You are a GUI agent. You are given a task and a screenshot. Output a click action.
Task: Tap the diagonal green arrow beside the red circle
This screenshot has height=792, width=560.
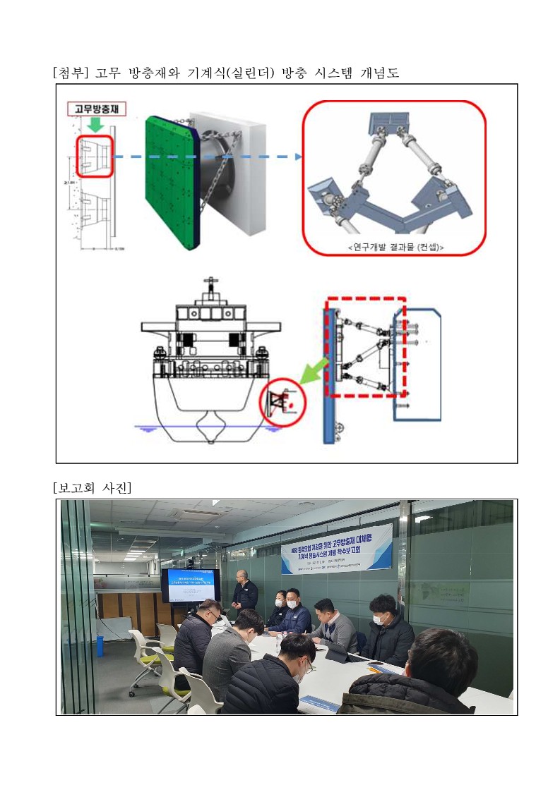coord(311,370)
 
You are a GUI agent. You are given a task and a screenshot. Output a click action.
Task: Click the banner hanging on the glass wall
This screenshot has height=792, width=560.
coord(336,548)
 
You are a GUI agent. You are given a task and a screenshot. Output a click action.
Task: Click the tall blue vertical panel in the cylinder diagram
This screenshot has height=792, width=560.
coord(328,374)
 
